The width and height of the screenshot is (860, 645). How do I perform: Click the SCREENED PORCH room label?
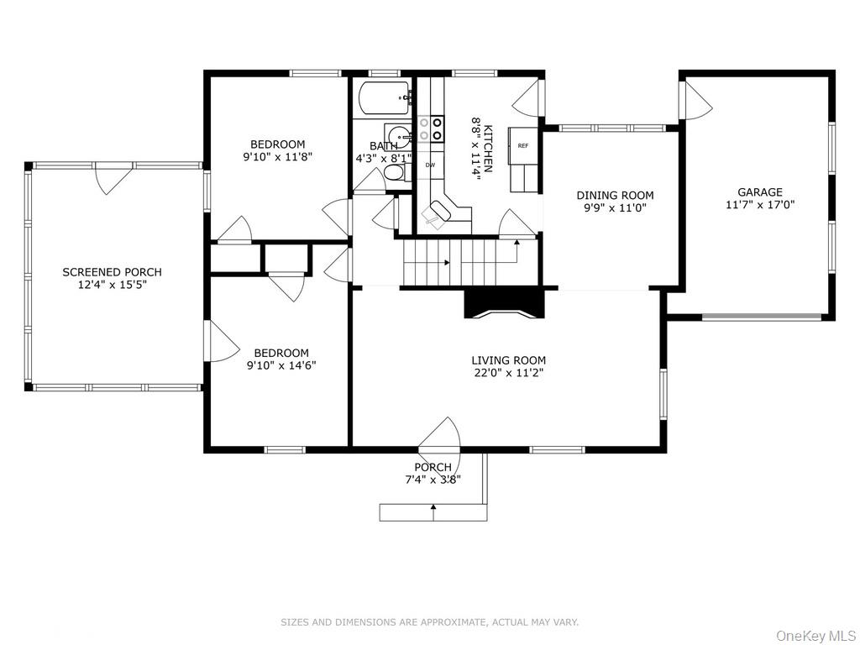point(112,272)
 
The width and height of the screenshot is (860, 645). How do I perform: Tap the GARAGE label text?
point(759,192)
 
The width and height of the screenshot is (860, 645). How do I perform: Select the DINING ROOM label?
point(615,195)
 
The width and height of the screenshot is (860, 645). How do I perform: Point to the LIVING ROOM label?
point(508,360)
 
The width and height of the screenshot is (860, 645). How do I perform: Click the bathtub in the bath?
point(385,97)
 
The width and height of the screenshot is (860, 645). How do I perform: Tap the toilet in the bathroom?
point(394,173)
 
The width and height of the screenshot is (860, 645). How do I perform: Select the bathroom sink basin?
point(397,136)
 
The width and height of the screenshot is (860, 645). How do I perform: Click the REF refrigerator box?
point(522,145)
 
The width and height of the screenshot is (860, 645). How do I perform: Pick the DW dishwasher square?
point(431,165)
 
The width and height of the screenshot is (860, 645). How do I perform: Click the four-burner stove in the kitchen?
point(431,128)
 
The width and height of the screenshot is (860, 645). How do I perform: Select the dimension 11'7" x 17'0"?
point(759,205)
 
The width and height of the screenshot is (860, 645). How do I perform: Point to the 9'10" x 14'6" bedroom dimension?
point(281,365)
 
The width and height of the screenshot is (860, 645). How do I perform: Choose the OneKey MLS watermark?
point(815,636)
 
